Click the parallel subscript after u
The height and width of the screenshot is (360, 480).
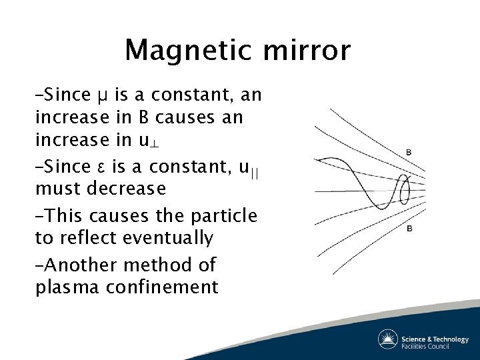(256, 169)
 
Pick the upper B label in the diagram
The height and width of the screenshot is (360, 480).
(409, 153)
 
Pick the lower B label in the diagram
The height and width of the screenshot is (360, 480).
(409, 229)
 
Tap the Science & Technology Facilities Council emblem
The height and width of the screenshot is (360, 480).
(388, 339)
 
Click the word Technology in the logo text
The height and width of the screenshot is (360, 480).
(450, 339)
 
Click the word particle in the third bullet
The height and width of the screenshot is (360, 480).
(225, 215)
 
